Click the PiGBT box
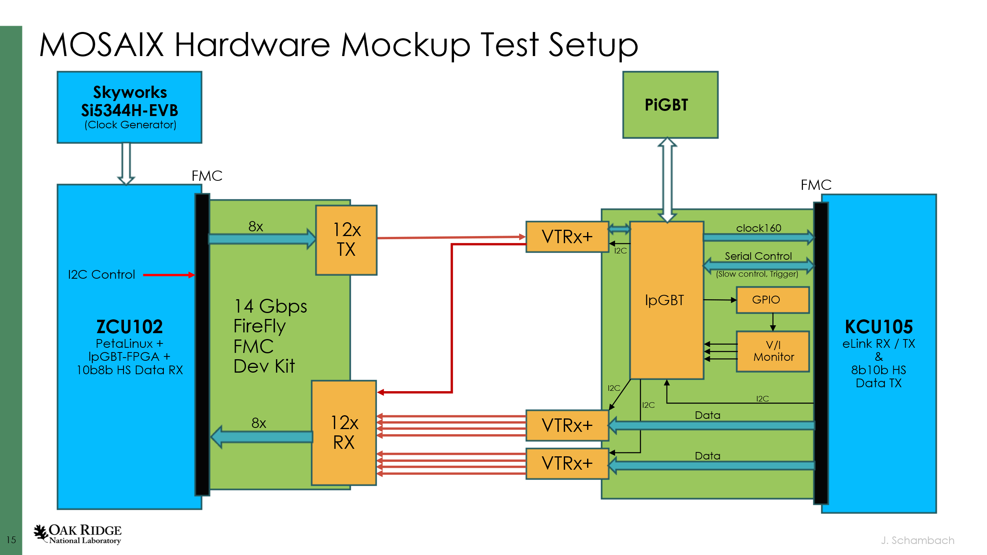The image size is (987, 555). (x=670, y=105)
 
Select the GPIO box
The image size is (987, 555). (x=772, y=300)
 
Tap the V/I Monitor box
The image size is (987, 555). (x=773, y=351)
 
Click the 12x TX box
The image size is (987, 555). (x=346, y=240)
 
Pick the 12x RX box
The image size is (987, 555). (x=343, y=432)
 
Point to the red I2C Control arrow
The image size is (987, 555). (x=169, y=275)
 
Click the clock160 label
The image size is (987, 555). (x=758, y=228)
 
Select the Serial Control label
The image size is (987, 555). (x=758, y=256)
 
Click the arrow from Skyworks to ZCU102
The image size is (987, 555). (x=126, y=163)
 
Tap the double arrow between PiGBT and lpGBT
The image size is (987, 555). (x=667, y=180)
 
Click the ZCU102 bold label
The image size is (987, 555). (x=129, y=327)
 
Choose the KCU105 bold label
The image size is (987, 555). (x=878, y=327)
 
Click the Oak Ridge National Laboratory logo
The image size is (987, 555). (x=78, y=534)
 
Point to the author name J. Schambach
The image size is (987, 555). (x=917, y=540)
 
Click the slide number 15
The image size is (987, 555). (x=11, y=540)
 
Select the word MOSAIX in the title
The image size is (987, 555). (x=101, y=45)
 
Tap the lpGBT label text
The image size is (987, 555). (x=664, y=300)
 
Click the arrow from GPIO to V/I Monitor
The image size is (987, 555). (x=773, y=322)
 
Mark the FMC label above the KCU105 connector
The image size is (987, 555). (x=816, y=185)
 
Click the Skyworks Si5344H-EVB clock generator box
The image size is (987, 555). (x=129, y=107)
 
